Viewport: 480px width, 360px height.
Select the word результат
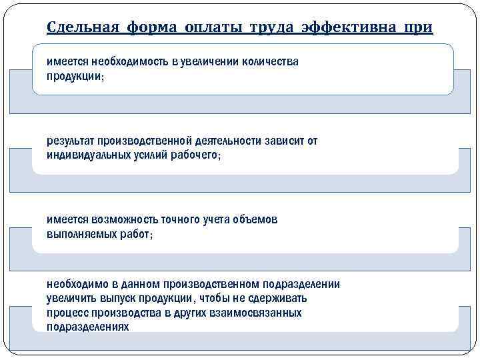(x=70, y=141)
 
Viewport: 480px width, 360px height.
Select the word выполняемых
(x=76, y=235)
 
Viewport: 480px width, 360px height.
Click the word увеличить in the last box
(x=70, y=299)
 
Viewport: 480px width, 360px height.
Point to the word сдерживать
(x=281, y=299)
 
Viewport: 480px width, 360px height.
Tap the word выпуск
(x=116, y=299)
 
